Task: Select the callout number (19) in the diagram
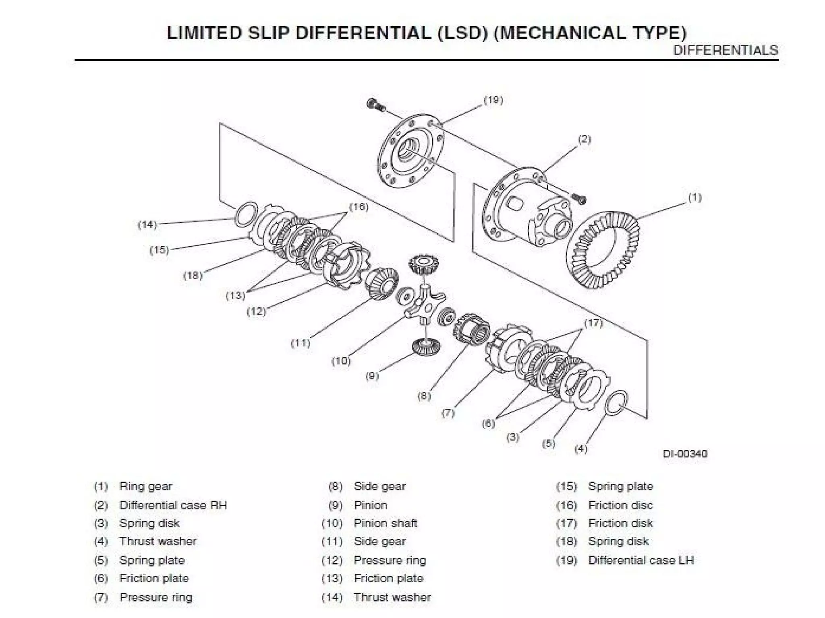pos(493,100)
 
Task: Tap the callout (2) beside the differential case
pos(584,140)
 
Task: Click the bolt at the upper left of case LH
pos(376,105)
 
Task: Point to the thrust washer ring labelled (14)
pos(246,214)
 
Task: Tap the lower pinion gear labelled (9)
pos(426,346)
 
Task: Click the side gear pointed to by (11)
pos(381,284)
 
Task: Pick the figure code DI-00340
pos(684,454)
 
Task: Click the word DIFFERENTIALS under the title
pos(726,50)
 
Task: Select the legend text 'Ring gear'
pos(145,486)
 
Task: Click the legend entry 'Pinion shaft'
pos(385,523)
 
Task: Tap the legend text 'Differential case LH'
pos(641,560)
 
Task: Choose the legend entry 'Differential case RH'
pos(173,505)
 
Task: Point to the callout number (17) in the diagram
pos(593,323)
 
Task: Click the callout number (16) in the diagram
pos(359,207)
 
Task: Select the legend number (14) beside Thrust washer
pos(332,597)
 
